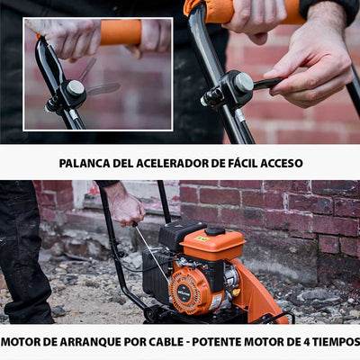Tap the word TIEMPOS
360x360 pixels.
pyautogui.click(x=334, y=342)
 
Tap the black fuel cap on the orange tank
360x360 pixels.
pyautogui.click(x=215, y=231)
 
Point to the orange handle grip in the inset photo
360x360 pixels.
pyautogui.click(x=119, y=33)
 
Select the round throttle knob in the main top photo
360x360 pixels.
pyautogui.click(x=242, y=84)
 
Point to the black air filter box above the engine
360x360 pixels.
pyautogui.click(x=179, y=236)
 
